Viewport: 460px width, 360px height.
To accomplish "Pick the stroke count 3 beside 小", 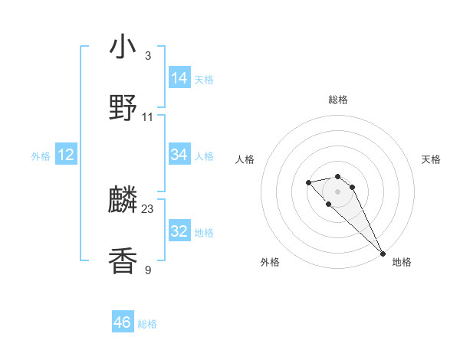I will tap(148, 56).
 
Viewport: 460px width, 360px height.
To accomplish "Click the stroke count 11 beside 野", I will tap(148, 117).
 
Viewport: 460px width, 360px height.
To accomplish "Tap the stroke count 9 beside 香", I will tap(148, 270).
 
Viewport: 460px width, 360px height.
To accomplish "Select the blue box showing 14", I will tap(179, 77).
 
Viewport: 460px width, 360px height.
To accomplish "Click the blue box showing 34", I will tap(179, 155).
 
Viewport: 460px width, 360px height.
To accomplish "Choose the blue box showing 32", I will tap(179, 231).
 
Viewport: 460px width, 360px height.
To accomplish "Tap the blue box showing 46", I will tap(123, 322).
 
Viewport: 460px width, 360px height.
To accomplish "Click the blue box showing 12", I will tap(66, 155).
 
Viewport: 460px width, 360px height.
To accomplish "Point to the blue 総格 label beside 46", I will tap(147, 324).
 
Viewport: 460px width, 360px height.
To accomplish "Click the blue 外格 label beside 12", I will tap(41, 156).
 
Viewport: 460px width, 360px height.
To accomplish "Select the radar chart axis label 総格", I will tap(338, 100).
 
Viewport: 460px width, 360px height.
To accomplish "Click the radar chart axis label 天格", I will tap(431, 159).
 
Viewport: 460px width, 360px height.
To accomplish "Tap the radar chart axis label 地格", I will tap(402, 262).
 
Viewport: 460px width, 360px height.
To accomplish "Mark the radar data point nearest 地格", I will tap(383, 253).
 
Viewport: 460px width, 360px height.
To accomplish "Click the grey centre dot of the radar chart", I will tap(338, 191).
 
